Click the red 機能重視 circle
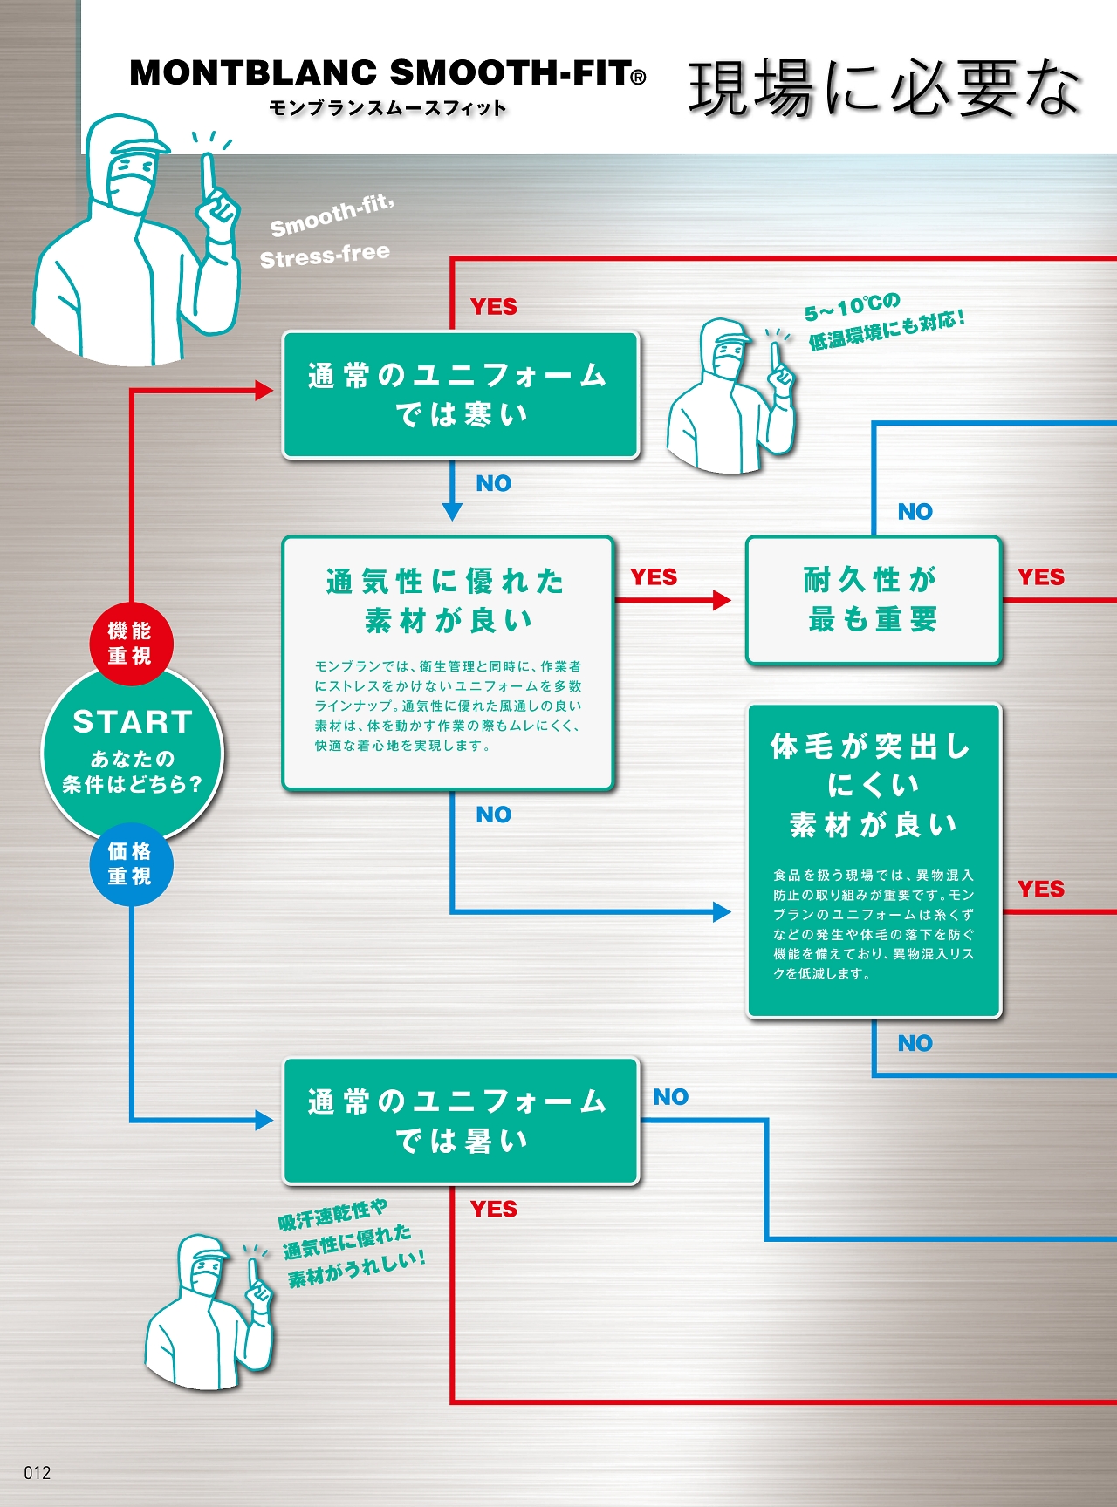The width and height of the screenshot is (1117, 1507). (131, 644)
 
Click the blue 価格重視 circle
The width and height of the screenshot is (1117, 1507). (131, 863)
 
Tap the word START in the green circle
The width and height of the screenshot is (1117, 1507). (133, 722)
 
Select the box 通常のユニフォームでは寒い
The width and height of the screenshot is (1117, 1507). (461, 395)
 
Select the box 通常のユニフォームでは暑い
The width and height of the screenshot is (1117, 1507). (461, 1121)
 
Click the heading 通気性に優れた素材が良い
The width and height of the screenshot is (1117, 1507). (447, 600)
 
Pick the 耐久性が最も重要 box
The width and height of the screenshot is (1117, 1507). (873, 599)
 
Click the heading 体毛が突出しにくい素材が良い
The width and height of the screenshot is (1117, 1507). (873, 785)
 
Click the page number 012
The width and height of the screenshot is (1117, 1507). (38, 1473)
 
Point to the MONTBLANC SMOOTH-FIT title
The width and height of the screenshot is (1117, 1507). (387, 73)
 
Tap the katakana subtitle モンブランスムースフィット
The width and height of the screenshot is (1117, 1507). (387, 108)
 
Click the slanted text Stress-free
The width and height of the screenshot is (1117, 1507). (325, 256)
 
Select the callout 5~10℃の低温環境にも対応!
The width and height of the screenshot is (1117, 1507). (883, 321)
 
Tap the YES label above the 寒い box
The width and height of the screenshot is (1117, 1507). (494, 307)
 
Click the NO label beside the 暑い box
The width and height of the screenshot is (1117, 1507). (670, 1097)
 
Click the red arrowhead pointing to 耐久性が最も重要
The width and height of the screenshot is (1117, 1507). (722, 600)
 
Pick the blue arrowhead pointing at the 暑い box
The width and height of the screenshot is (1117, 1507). (264, 1121)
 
